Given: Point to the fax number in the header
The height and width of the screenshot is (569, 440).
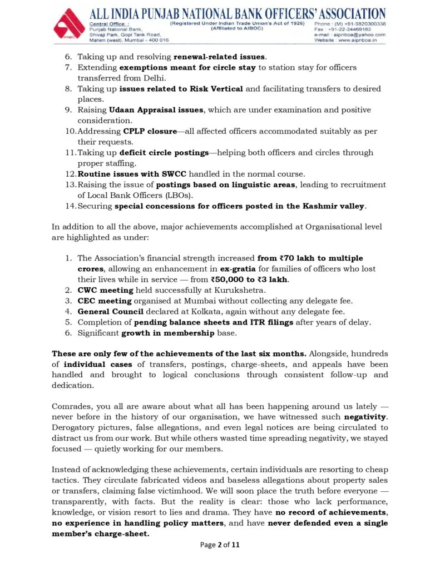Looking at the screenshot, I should coord(350,29).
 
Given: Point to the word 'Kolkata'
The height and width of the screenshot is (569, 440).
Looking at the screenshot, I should coord(203,312).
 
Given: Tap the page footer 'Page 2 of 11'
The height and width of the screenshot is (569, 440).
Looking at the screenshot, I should coord(220,545).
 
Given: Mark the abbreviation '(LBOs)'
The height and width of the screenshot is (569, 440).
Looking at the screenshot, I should coord(165,195).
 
